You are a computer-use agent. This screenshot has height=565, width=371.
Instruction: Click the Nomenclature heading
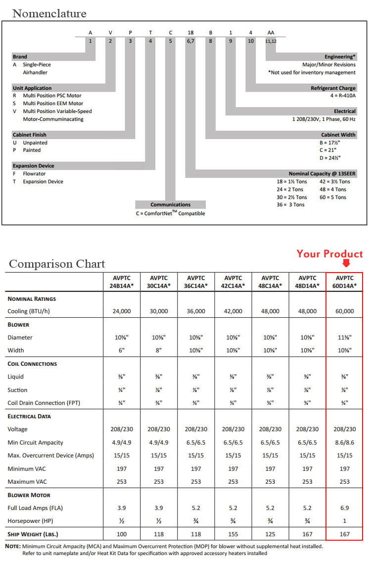pos(49,13)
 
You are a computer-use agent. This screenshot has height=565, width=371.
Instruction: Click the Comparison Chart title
pos(57,263)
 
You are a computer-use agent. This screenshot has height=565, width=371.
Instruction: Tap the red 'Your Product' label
pos(329,254)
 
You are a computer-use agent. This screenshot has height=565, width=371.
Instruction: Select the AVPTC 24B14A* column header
pos(122,282)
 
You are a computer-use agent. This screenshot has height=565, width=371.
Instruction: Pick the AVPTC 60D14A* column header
pos(345,282)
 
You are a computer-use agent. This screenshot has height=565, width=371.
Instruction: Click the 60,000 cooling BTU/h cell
pos(345,311)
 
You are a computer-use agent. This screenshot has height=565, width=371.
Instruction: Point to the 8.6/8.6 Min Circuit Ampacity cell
pos(345,442)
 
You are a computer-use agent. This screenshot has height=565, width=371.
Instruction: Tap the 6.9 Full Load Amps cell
pos(345,508)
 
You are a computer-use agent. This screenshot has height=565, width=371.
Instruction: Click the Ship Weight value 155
pos(233,534)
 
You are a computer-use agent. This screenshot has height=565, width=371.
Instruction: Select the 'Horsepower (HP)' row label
pos(31,521)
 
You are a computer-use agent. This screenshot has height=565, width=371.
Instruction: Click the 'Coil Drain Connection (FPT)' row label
pos(44,403)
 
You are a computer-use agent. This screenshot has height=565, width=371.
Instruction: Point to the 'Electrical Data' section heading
pos(29,416)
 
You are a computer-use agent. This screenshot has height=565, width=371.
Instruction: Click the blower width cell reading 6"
pos(122,350)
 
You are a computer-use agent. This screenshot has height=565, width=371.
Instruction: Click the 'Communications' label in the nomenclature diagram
pos(170,204)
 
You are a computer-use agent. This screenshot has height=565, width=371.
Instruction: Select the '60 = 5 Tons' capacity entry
pos(333,197)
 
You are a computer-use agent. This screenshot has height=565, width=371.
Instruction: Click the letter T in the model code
pos(150,32)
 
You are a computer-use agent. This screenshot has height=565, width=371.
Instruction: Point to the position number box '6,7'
pos(190,41)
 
